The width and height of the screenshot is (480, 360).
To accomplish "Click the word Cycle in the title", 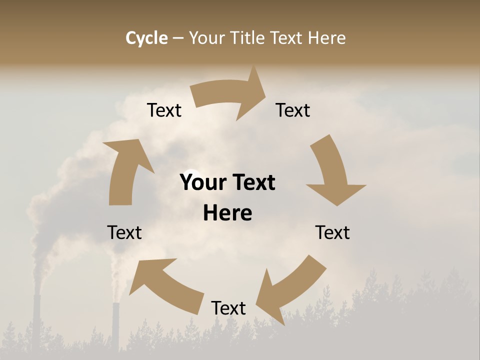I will click(x=146, y=38).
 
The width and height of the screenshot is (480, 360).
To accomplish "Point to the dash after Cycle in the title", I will click(x=178, y=38).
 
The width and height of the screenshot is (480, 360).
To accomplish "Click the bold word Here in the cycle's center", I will click(x=227, y=213).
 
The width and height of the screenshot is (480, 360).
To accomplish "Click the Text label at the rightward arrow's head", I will click(x=293, y=110).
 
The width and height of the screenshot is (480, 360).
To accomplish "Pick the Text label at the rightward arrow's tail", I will click(x=164, y=110).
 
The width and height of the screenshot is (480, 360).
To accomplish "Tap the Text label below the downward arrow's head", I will click(x=332, y=232).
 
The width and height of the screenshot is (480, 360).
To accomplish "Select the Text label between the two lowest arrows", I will click(x=228, y=308).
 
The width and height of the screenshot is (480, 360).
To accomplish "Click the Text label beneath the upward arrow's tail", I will click(x=124, y=232).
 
